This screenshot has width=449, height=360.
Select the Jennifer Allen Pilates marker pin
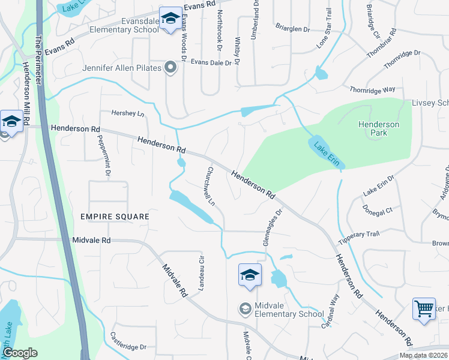pos(170,68)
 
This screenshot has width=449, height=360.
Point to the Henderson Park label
pos(378,128)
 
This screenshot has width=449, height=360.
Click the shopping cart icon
pos(424,309)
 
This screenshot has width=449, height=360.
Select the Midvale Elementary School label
pos(289,310)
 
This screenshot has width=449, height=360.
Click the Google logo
pos(19,353)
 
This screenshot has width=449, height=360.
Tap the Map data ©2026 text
pos(423,355)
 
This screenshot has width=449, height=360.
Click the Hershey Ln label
pos(128,113)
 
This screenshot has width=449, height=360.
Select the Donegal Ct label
pos(378,211)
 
